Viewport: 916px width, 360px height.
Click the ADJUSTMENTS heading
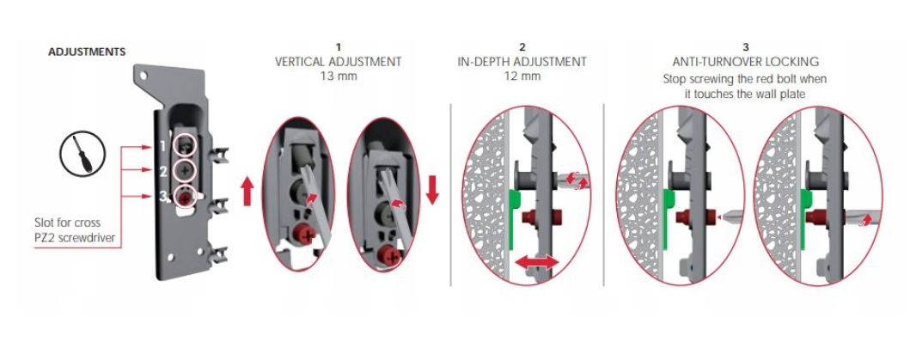[x=87, y=52]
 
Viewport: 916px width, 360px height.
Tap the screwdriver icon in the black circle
[x=82, y=154]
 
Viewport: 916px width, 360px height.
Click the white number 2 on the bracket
[x=164, y=171]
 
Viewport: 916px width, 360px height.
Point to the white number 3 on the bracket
[x=163, y=197]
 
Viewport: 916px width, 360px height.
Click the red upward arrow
[x=247, y=192]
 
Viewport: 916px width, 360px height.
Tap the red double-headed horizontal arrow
[x=537, y=262]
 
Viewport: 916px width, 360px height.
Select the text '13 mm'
[x=339, y=76]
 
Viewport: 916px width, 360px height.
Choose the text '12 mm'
[x=522, y=76]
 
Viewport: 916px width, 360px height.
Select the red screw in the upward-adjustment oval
[x=302, y=234]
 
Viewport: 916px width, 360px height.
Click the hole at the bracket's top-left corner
[x=144, y=76]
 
